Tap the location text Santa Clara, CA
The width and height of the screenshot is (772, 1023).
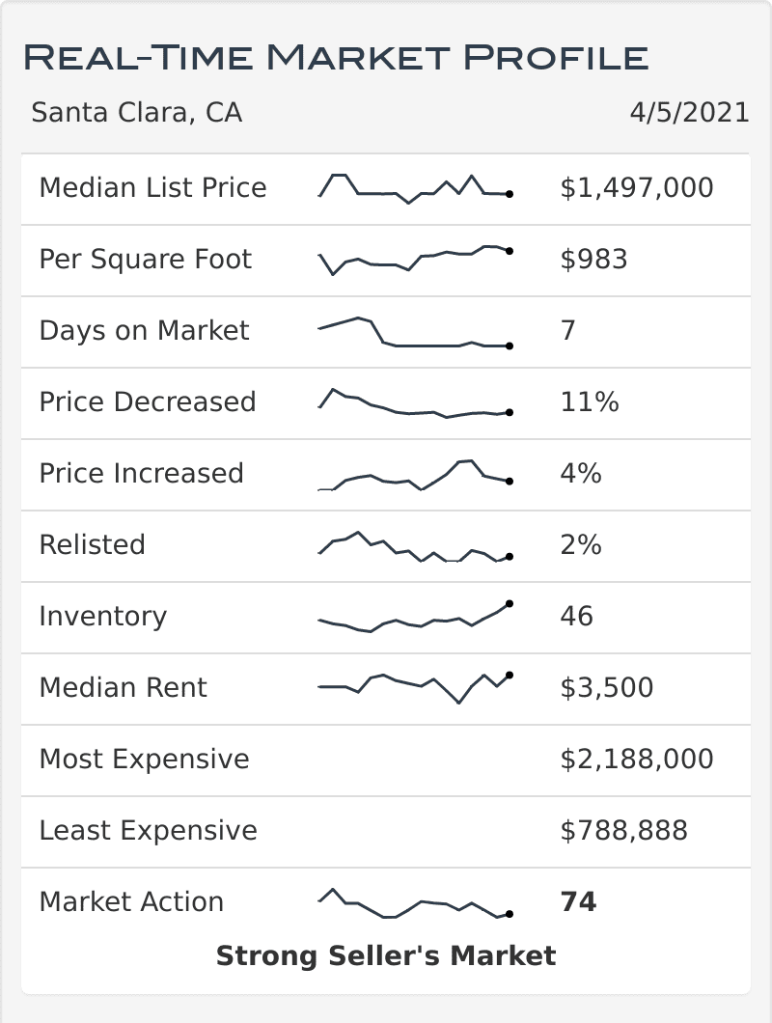pos(136,113)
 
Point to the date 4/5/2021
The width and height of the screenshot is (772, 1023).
pos(689,113)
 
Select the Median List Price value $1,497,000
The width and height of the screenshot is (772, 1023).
pos(637,187)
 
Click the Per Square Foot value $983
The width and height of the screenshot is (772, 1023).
pos(593,259)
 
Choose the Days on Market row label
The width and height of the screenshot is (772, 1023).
pos(144,330)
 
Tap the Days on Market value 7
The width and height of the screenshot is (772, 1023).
pos(568,330)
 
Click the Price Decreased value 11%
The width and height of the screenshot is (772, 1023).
pos(590,401)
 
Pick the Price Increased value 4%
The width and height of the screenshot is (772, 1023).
pos(581,473)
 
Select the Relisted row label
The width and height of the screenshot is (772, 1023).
pos(92,544)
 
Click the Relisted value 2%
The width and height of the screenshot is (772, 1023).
pos(581,544)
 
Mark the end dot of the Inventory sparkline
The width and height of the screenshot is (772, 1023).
pos(510,603)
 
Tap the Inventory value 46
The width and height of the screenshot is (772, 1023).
pos(577,616)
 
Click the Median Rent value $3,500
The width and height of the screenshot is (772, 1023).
pos(607,687)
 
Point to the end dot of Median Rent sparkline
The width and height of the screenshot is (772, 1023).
pos(510,675)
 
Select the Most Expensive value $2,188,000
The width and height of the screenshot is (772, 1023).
pos(637,759)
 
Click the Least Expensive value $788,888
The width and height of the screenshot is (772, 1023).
pos(624,830)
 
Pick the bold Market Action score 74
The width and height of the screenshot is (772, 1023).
pos(578,901)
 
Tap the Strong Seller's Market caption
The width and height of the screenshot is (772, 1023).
pos(386,955)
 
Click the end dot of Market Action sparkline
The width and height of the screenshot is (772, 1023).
pos(510,913)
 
